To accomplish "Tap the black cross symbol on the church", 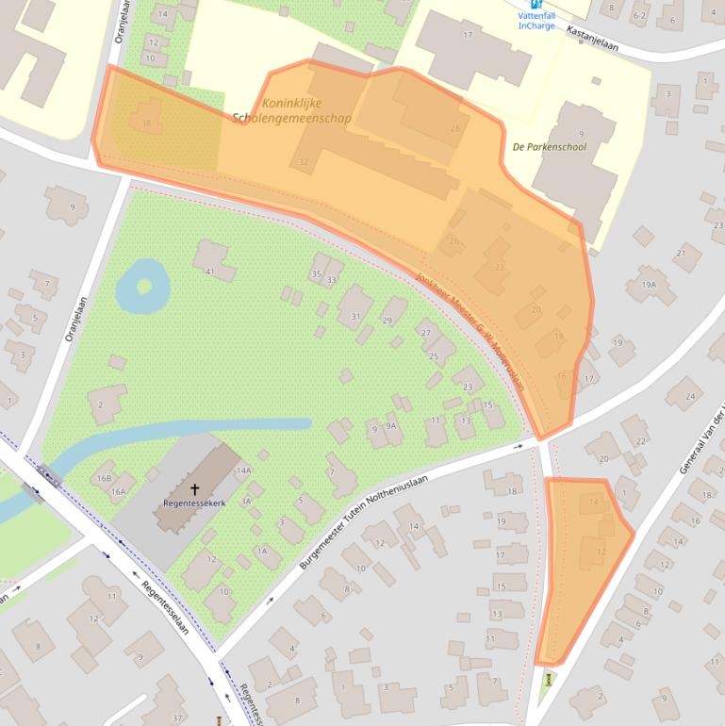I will (195, 489).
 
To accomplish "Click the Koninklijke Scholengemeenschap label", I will (292, 111).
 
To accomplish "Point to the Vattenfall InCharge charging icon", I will (536, 5).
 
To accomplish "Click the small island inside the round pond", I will (144, 284).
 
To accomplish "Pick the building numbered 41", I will (210, 272).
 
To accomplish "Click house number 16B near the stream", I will (104, 478).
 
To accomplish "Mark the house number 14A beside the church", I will (244, 470).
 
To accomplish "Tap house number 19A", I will (649, 284).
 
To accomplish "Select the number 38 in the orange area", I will (144, 124).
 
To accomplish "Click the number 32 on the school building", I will (303, 162).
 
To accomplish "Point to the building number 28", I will (456, 128).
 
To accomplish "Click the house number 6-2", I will (639, 16).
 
